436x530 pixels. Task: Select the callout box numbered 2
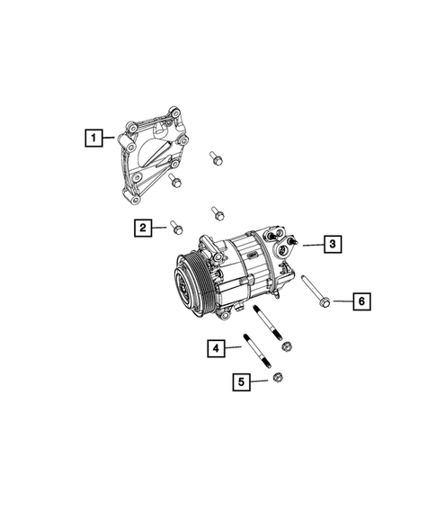point(143,228)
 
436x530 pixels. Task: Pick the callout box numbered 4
point(215,346)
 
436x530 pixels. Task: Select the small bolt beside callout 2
point(175,226)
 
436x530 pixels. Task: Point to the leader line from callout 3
point(309,244)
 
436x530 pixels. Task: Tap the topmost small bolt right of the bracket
point(216,158)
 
